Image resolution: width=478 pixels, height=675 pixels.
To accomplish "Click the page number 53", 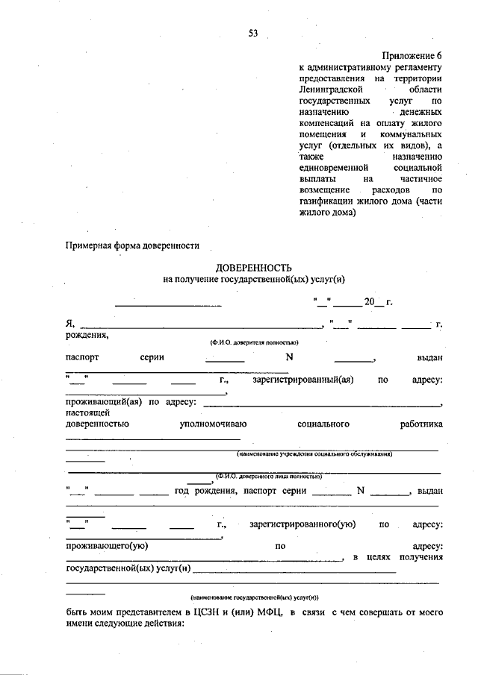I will click(x=252, y=33).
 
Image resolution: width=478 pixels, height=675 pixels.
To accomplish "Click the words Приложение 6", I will click(x=413, y=56).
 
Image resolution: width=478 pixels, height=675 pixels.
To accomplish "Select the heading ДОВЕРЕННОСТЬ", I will click(x=254, y=268).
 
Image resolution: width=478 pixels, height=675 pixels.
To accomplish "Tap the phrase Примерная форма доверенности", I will click(x=132, y=245).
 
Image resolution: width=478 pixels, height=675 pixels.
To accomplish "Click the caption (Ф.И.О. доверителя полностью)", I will click(x=254, y=342).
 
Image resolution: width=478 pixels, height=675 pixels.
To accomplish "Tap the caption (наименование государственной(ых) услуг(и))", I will click(x=254, y=597).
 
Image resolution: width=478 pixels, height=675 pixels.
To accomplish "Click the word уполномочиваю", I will click(x=214, y=424).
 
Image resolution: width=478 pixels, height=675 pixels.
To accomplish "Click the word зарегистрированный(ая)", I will click(x=302, y=380).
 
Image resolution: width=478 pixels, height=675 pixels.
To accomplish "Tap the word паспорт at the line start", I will click(x=82, y=357).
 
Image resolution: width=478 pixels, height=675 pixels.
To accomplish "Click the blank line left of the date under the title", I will click(x=168, y=304).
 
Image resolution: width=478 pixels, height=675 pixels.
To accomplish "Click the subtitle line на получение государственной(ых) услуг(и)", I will click(x=254, y=279).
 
